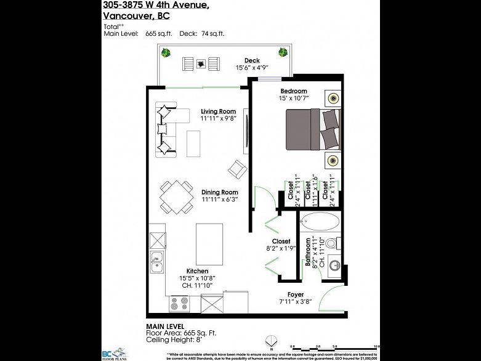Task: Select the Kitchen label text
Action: click(x=197, y=271)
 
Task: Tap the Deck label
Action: click(x=251, y=60)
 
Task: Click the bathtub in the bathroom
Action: click(x=319, y=222)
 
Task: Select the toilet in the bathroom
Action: click(x=333, y=243)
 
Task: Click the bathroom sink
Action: click(x=333, y=265)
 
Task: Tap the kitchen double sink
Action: click(x=158, y=262)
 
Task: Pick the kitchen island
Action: click(x=209, y=243)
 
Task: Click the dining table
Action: click(x=176, y=197)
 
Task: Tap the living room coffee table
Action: click(x=194, y=144)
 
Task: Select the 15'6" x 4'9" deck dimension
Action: click(x=251, y=67)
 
